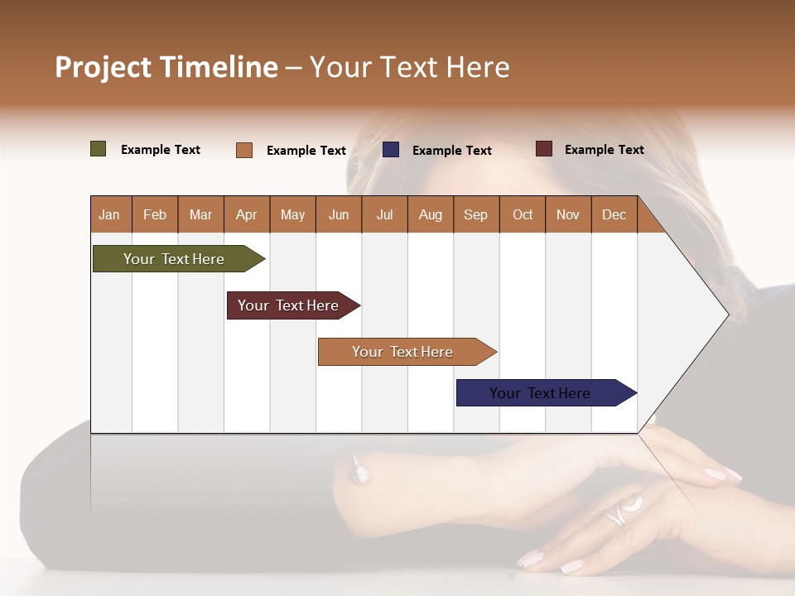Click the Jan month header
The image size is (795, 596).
pos(110,214)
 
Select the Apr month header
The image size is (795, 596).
pos(247,214)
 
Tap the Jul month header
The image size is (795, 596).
pos(384,214)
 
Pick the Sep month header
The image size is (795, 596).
pos(475,214)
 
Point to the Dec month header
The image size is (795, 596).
pos(614,214)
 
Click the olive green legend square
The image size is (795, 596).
pos(99,149)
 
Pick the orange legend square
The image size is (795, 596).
pos(244,150)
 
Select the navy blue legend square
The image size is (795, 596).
pos(391,150)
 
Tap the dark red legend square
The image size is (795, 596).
pos(544,149)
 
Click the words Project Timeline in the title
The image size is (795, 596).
pos(166,67)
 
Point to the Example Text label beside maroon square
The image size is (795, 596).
pos(604,150)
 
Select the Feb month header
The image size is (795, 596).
pos(155,214)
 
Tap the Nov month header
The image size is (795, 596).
pos(568,214)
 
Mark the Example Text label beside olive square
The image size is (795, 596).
pos(161,150)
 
